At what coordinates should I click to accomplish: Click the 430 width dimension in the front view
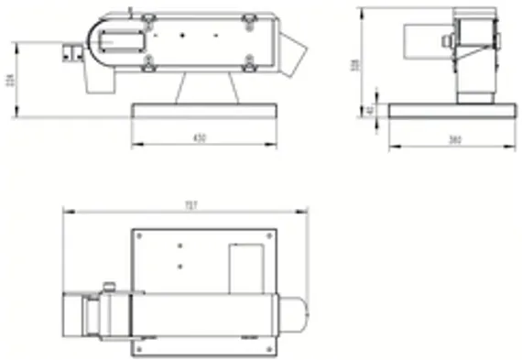200,137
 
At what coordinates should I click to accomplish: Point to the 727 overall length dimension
190,205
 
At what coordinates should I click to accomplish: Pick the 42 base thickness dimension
370,110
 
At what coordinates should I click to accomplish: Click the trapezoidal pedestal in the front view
208,88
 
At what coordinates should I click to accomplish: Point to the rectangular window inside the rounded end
119,39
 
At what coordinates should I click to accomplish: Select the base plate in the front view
203,111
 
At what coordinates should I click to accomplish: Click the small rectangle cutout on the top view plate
245,267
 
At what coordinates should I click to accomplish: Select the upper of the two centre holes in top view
179,245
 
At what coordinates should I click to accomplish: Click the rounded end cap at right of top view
295,312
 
